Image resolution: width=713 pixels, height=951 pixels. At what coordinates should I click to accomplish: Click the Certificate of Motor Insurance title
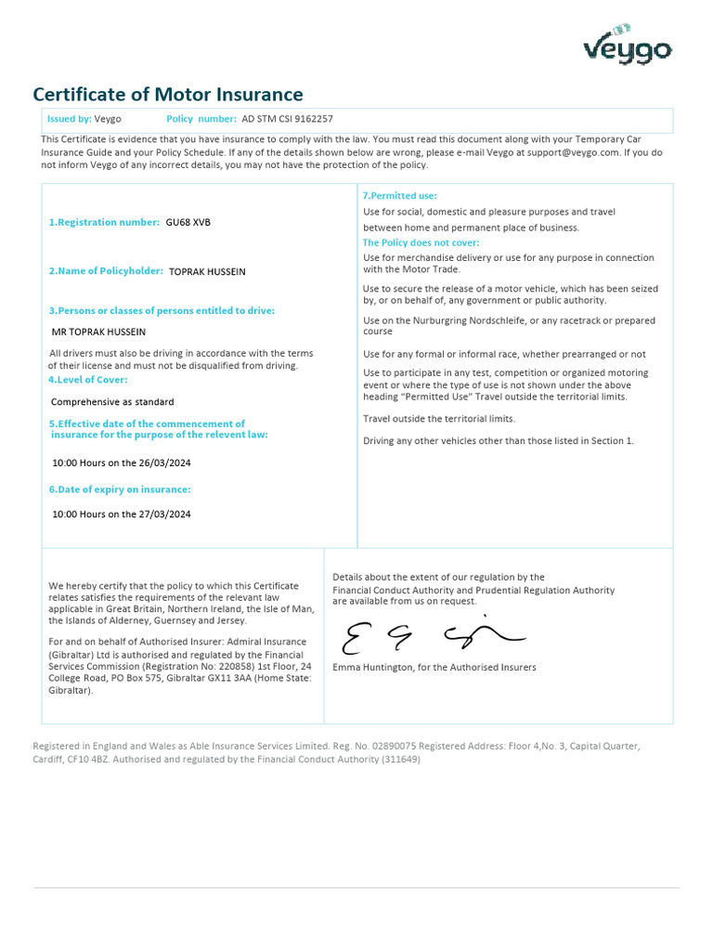pyautogui.click(x=168, y=95)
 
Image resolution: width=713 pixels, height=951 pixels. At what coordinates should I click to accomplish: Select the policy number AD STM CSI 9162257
pyautogui.click(x=287, y=119)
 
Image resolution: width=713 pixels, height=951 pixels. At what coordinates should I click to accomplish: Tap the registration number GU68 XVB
pyautogui.click(x=188, y=222)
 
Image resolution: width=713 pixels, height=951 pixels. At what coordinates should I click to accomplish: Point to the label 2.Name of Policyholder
pyautogui.click(x=106, y=271)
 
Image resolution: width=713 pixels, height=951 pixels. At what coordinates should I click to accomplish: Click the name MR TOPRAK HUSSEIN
pyautogui.click(x=98, y=332)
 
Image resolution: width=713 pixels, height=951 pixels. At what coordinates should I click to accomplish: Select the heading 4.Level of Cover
pyautogui.click(x=88, y=380)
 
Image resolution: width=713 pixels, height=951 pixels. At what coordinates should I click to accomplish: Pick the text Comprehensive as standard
pyautogui.click(x=112, y=402)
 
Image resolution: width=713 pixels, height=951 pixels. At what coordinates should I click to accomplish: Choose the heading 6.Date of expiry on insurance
pyautogui.click(x=120, y=489)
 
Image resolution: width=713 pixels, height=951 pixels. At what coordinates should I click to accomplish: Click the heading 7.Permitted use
pyautogui.click(x=399, y=196)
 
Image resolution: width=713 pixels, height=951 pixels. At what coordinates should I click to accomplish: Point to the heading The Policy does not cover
pyautogui.click(x=421, y=242)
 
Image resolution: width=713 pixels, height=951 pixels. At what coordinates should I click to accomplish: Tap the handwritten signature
pyautogui.click(x=432, y=636)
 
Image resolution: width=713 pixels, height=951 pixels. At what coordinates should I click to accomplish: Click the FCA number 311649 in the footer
pyautogui.click(x=400, y=759)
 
